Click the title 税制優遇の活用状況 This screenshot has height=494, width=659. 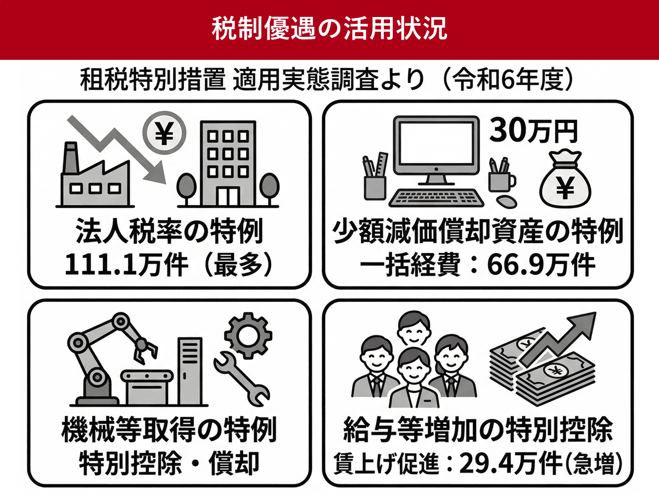329,30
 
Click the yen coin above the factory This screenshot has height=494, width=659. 164,133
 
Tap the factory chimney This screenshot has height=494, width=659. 70,158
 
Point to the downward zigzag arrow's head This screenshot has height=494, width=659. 156,173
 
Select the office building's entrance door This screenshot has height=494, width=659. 228,197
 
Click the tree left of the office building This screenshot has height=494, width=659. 186,189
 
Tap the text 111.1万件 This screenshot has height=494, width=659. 127,265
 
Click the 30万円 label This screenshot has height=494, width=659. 533,131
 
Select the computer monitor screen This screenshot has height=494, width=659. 437,144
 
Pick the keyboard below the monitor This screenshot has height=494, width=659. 436,198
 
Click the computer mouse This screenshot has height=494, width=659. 506,201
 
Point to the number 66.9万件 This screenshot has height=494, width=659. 541,265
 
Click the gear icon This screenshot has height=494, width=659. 248,335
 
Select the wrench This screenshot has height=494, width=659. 242,379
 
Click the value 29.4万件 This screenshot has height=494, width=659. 510,464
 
